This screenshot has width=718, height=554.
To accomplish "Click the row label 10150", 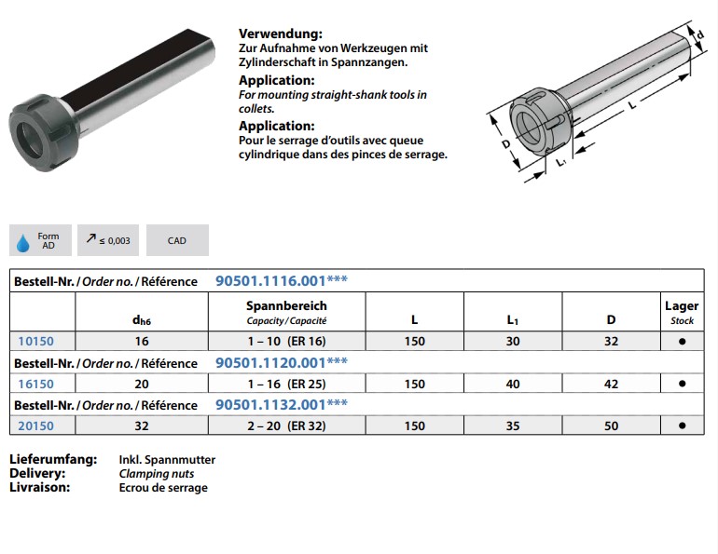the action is [x=35, y=341].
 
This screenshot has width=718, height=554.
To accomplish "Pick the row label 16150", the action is [x=35, y=384].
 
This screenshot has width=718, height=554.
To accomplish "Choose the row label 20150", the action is [x=35, y=426].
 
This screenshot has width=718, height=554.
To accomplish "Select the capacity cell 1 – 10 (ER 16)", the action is [x=286, y=342].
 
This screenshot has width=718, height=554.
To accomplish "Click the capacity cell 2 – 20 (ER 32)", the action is [x=286, y=426].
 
